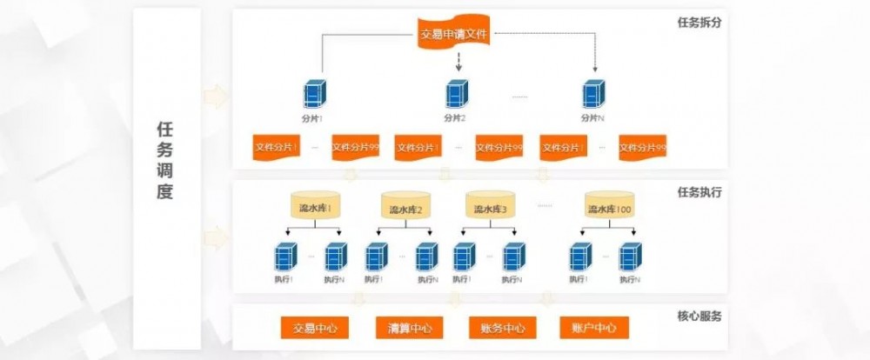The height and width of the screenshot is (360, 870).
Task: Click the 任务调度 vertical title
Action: (x=165, y=160)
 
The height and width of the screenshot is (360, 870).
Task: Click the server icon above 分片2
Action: (x=455, y=94)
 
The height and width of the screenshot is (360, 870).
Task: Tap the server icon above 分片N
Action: (x=593, y=94)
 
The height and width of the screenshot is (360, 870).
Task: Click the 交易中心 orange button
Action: (x=314, y=328)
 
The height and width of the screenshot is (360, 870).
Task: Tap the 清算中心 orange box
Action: (x=409, y=328)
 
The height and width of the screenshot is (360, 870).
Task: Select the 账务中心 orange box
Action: (x=502, y=328)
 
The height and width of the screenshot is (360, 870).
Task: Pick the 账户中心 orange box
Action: (x=594, y=328)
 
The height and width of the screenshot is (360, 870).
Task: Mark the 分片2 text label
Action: (x=455, y=118)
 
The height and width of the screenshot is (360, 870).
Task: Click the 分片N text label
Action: (x=593, y=118)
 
